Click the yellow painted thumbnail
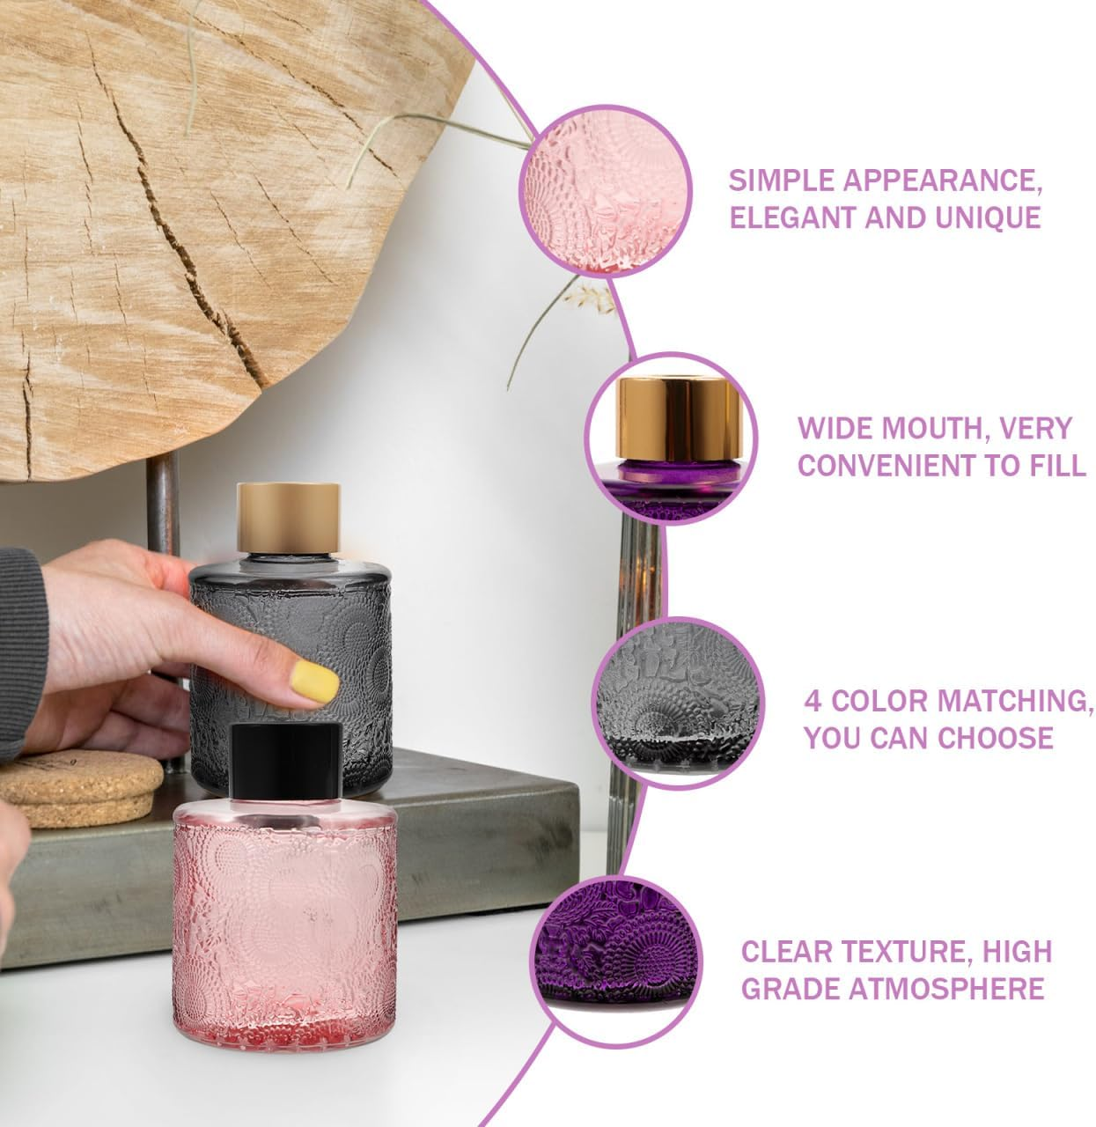pyautogui.click(x=313, y=681)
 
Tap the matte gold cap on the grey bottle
pyautogui.click(x=288, y=518)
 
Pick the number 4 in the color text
pyautogui.click(x=813, y=701)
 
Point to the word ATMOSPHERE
pyautogui.click(x=946, y=988)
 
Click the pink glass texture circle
pyautogui.click(x=605, y=191)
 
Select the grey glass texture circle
pyautogui.click(x=678, y=703)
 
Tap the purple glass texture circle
pyautogui.click(x=615, y=961)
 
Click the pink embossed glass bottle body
pyautogui.click(x=284, y=924)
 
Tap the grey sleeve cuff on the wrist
pyautogui.click(x=22, y=649)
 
